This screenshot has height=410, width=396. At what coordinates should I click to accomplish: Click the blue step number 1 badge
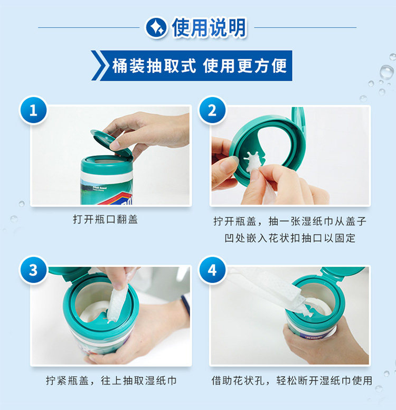[x=33, y=110]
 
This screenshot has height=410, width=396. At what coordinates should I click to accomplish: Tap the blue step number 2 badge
[x=212, y=110]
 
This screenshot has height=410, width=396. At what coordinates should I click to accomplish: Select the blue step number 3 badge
[x=33, y=270]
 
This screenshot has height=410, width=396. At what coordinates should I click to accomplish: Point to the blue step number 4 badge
[x=212, y=270]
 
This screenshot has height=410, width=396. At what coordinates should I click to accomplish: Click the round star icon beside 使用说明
[x=156, y=27]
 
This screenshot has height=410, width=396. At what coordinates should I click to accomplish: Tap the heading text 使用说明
[x=209, y=27]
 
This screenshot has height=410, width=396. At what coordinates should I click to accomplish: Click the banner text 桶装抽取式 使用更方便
[x=199, y=65]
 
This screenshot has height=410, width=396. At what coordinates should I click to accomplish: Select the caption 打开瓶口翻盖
[x=106, y=219]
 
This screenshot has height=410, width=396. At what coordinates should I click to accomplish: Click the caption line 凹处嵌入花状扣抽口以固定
[x=290, y=238]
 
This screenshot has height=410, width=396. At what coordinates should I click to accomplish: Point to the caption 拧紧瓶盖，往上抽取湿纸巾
[x=111, y=380]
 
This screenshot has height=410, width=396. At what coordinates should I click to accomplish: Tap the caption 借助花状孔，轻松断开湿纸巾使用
[x=291, y=380]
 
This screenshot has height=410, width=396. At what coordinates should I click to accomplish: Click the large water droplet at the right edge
[x=386, y=72]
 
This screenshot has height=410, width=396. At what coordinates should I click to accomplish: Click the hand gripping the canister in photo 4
[x=327, y=342]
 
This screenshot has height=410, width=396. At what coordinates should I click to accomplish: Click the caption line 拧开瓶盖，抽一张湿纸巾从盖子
[x=290, y=221]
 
